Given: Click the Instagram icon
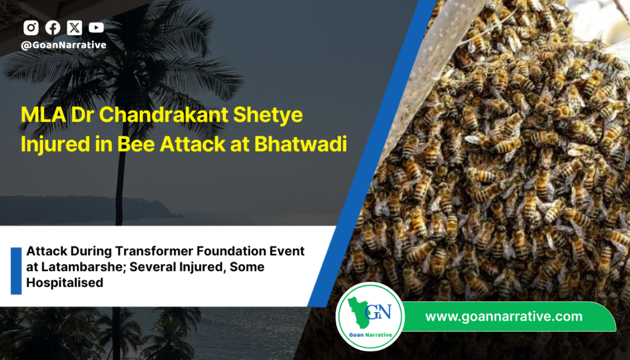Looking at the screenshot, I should [31, 28].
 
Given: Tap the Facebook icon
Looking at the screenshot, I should [52, 28].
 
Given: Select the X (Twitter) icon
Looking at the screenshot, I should [74, 28].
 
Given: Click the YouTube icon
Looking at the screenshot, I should [96, 28].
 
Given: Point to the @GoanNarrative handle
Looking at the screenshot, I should [64, 45].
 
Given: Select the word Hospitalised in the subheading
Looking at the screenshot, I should [64, 283].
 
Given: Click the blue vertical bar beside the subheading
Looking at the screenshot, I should [16, 271].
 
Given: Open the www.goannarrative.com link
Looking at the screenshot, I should [503, 316].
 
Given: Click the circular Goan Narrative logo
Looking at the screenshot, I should [370, 316].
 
